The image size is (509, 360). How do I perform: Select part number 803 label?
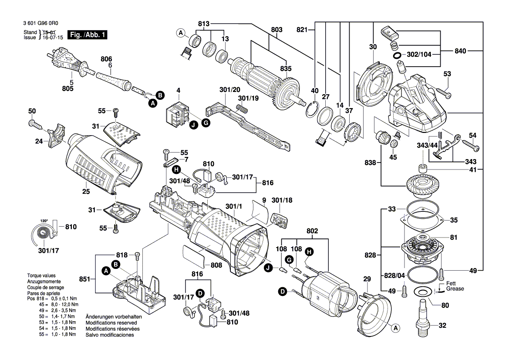[x=276, y=30]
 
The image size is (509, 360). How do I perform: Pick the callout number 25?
[x=86, y=191]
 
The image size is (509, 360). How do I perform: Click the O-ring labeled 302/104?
[x=398, y=56]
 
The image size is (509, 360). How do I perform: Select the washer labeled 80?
[x=422, y=292]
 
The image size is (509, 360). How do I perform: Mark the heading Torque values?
[x=41, y=276]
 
